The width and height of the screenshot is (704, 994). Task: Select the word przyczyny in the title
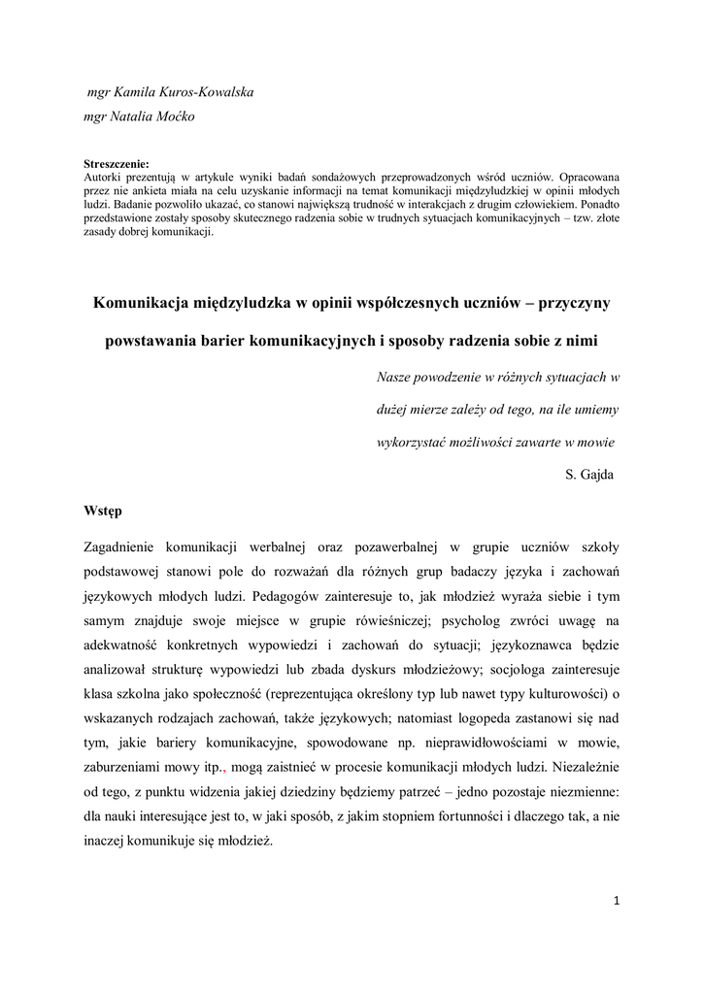click(x=572, y=304)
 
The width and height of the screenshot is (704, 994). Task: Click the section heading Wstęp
click(x=104, y=511)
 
